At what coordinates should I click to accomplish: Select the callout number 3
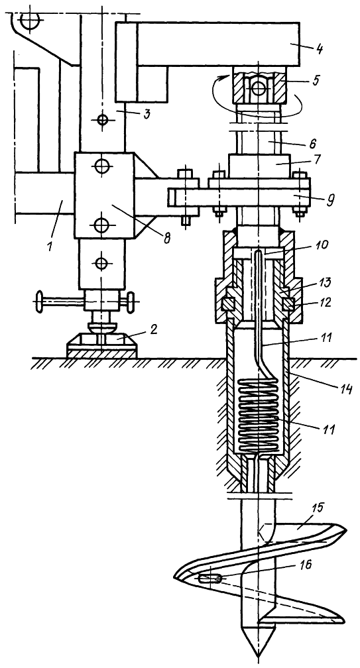pyautogui.click(x=146, y=115)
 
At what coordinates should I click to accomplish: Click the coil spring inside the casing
pyautogui.click(x=258, y=416)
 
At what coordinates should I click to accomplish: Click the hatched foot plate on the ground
pyautogui.click(x=102, y=346)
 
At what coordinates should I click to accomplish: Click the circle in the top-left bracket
pyautogui.click(x=30, y=21)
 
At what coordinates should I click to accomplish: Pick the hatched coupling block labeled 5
pyautogui.click(x=258, y=87)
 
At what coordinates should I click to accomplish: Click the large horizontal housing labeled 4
pyautogui.click(x=217, y=44)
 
